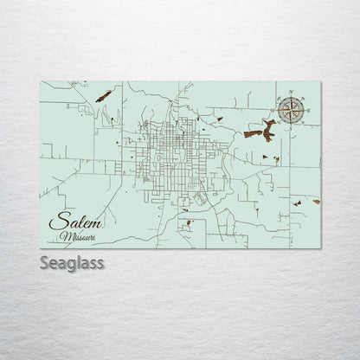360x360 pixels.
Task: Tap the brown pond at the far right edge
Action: click(317, 200)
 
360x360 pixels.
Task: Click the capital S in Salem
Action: click(56, 222)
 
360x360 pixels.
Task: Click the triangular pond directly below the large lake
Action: click(263, 157)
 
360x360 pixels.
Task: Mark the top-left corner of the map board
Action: click(40, 82)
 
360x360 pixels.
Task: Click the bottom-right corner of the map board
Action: click(321, 248)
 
